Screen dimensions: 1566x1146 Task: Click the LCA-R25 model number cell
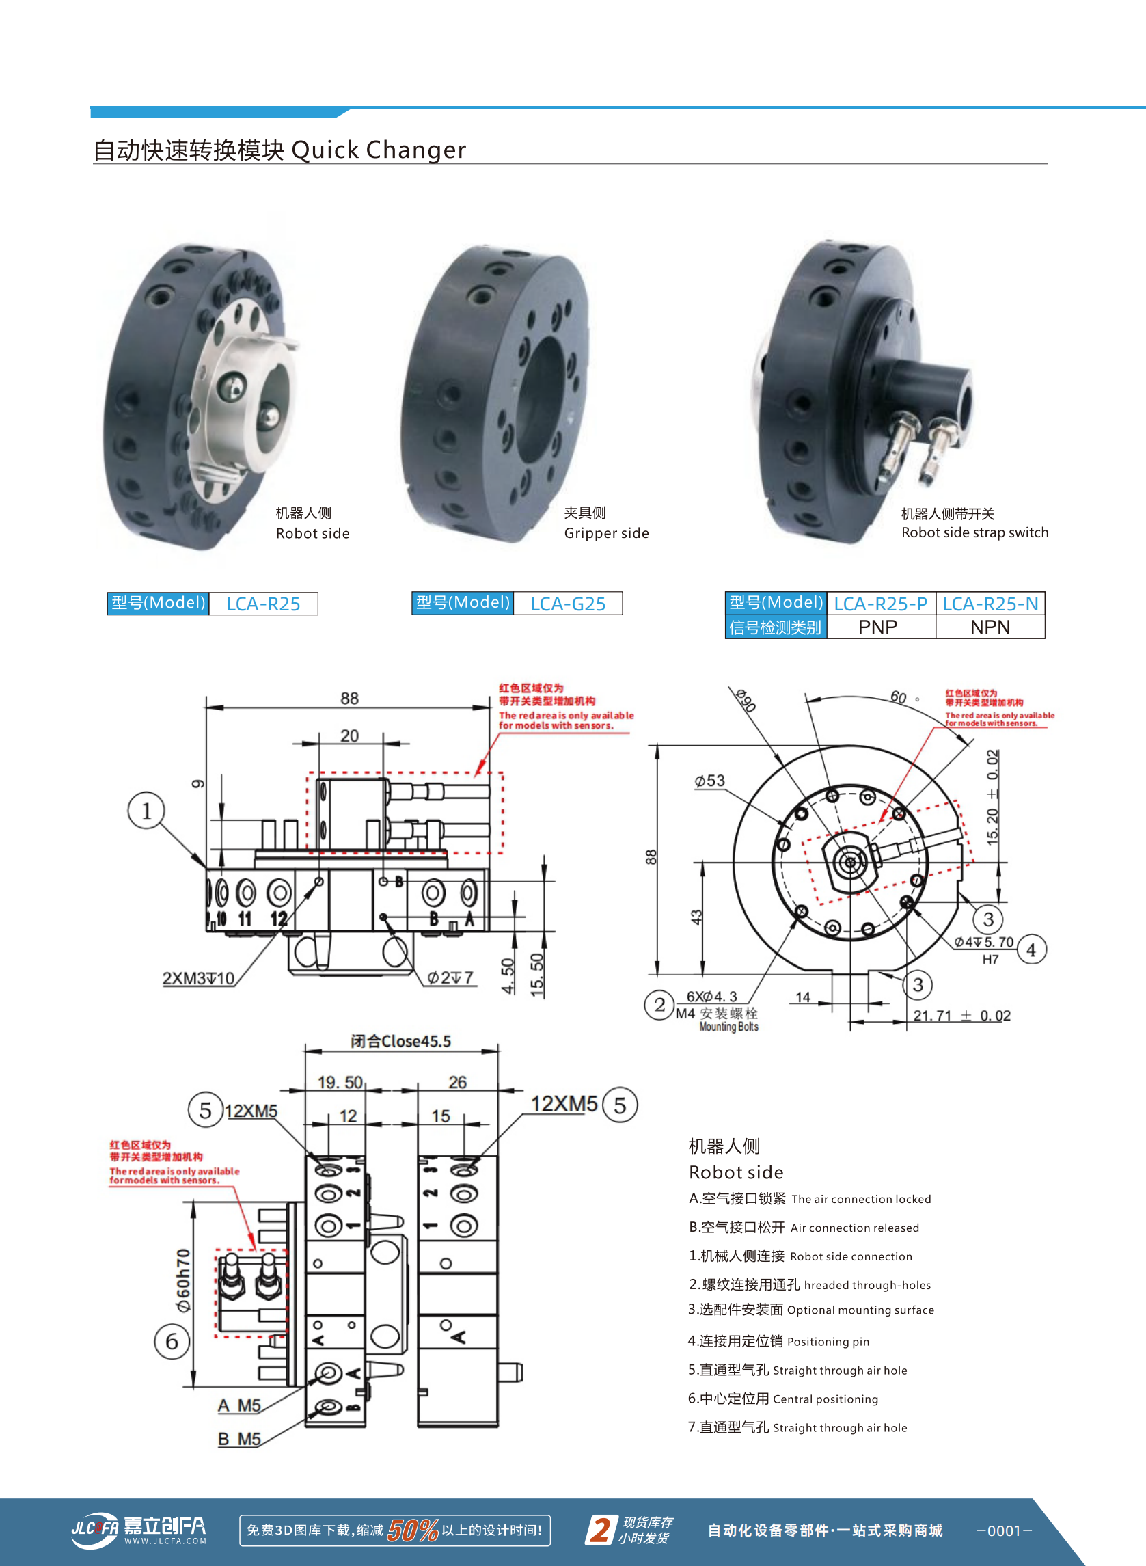pyautogui.click(x=263, y=604)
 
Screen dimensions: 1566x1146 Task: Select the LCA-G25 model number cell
pyautogui.click(x=567, y=604)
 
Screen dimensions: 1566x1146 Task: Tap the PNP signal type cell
pyautogui.click(x=877, y=627)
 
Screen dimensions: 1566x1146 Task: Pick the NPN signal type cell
pyautogui.click(x=990, y=627)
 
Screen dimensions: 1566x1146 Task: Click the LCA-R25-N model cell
pyautogui.click(x=990, y=604)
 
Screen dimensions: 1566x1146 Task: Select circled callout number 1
pyautogui.click(x=146, y=811)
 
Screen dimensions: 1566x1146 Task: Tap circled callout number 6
pyautogui.click(x=172, y=1341)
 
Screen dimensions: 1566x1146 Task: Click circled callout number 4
pyautogui.click(x=1031, y=950)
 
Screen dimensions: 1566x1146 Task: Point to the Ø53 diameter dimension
pyautogui.click(x=709, y=781)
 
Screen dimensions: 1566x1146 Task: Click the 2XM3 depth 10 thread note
pyautogui.click(x=198, y=978)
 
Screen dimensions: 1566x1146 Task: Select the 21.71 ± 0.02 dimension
pyautogui.click(x=961, y=1016)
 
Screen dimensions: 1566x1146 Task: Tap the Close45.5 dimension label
pyautogui.click(x=401, y=1041)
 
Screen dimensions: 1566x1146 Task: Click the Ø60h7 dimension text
pyautogui.click(x=183, y=1280)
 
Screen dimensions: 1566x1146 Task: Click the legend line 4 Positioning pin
pyautogui.click(x=778, y=1341)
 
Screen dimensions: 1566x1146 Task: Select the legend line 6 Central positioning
pyautogui.click(x=782, y=1399)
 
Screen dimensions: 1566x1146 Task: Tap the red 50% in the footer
pyautogui.click(x=412, y=1530)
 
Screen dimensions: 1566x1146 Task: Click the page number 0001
pyautogui.click(x=1004, y=1530)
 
